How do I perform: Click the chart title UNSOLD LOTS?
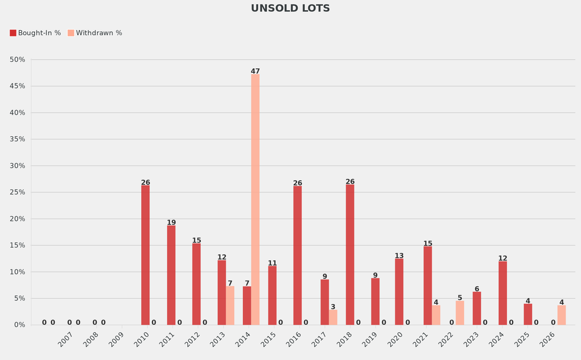point(290,9)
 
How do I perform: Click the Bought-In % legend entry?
point(35,33)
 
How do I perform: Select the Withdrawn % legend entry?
point(95,33)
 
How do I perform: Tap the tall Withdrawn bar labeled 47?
point(255,199)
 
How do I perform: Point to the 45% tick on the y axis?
point(17,86)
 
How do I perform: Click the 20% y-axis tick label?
point(17,219)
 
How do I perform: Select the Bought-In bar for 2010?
point(145,255)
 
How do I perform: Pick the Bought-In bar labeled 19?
point(171,275)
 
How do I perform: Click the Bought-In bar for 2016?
point(297,255)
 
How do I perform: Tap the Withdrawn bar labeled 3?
point(333,317)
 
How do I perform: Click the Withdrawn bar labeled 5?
point(460,313)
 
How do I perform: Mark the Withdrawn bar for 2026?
point(561,315)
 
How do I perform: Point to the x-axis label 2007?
point(64,340)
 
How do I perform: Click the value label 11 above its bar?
point(272,263)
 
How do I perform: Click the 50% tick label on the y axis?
point(17,60)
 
